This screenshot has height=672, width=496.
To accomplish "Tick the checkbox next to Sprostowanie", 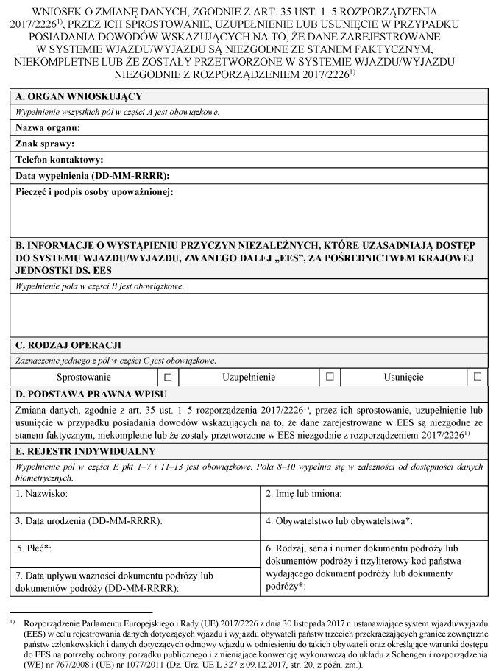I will click(168, 377).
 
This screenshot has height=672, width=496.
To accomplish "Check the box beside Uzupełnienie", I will click(330, 377).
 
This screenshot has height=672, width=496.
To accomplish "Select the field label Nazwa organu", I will click(48, 128).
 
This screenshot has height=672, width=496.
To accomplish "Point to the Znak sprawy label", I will click(45, 144).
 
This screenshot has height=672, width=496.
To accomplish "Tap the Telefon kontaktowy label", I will click(59, 160).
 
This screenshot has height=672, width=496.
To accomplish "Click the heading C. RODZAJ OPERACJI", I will click(68, 344).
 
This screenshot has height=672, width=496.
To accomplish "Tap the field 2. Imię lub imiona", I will click(308, 494).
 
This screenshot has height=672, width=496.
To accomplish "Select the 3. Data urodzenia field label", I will click(89, 521).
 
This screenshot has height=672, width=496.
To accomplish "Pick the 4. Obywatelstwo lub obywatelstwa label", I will click(339, 521).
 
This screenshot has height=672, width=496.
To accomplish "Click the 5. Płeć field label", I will click(37, 548).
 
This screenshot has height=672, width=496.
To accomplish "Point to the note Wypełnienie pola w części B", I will click(99, 286).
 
